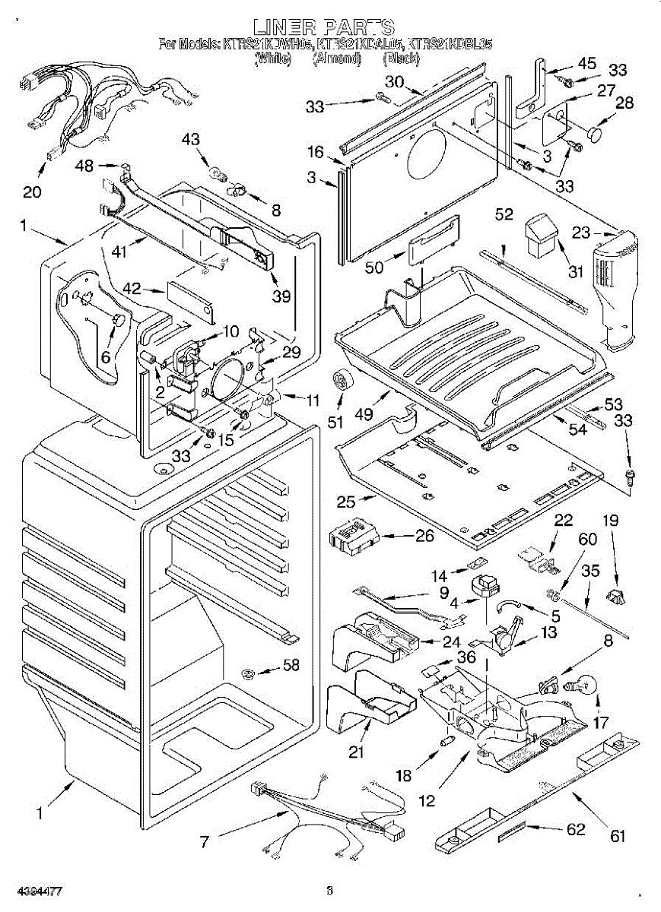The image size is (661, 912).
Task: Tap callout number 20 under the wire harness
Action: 32,192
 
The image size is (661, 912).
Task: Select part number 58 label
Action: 291,665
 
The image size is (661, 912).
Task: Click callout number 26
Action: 424,537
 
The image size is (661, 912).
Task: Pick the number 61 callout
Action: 618,836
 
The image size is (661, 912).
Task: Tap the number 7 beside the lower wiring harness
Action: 205,841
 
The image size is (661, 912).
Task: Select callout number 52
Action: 504,215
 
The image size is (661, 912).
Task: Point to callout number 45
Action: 587,63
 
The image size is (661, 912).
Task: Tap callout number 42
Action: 132,289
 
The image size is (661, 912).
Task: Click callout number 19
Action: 612,521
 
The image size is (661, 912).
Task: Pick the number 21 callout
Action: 356,752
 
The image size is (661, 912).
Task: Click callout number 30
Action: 394,82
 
